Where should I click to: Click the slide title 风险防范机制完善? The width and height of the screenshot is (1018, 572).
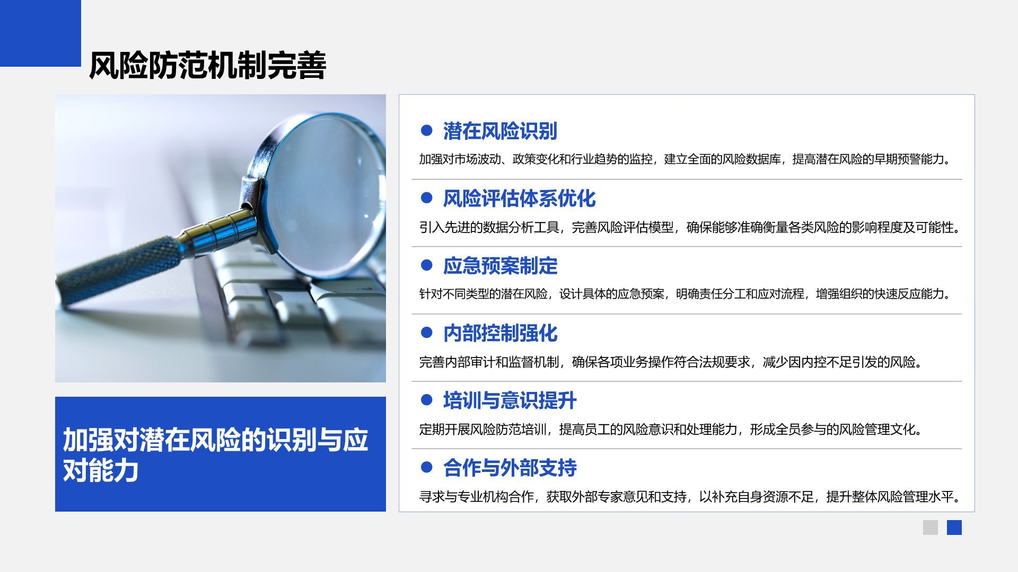coord(207,66)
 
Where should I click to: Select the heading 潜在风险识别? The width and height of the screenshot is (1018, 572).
coord(500,131)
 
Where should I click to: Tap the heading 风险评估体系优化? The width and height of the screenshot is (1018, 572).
coord(519,199)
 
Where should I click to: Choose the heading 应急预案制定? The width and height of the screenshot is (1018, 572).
coord(500,266)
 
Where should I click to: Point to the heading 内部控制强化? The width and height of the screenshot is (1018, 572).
coord(500,333)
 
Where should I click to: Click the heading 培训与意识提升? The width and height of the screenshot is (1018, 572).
coord(510,400)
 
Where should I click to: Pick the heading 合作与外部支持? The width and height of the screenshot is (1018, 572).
coord(510,468)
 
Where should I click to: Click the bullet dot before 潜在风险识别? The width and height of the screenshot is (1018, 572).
coord(426,130)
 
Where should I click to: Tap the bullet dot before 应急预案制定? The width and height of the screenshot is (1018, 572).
coord(426,265)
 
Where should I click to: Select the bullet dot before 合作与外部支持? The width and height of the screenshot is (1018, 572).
coord(426,467)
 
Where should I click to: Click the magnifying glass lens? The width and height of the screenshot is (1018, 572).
coord(324,193)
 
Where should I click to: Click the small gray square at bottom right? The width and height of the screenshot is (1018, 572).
coord(931,528)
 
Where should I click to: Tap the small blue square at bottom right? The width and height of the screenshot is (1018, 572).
coord(954,528)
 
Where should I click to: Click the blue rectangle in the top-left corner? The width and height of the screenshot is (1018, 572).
coord(40,33)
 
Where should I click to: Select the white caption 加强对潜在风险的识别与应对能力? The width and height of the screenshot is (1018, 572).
coord(215,454)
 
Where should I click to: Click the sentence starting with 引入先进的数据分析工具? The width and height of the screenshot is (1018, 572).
coord(690,227)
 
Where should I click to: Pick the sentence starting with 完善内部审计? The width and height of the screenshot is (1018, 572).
coord(671,362)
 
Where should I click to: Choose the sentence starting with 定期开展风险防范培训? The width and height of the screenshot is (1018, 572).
coord(671,429)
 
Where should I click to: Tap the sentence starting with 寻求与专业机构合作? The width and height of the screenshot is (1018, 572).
coord(690,496)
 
